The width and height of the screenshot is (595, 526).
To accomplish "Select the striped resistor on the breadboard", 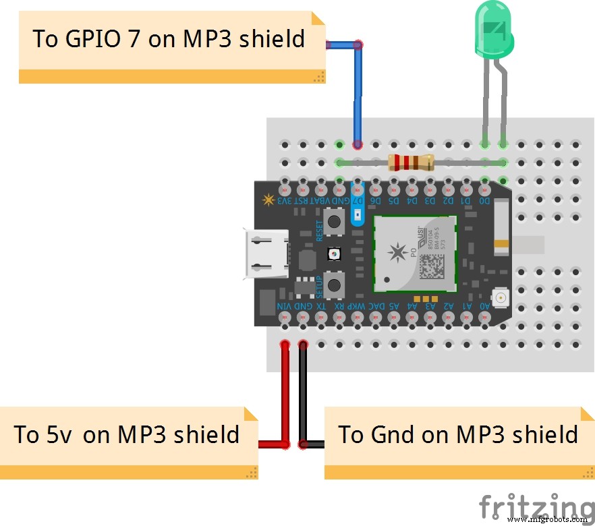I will coord(410,162).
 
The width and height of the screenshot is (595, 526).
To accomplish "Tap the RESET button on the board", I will coord(333,221).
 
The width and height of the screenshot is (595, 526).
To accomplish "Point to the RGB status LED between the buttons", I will coord(333,253).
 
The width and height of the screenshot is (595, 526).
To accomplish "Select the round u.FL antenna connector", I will coord(500,297).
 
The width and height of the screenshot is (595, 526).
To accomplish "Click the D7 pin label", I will coord(358,200).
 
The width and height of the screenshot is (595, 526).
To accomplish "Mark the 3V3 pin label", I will coord(285,200).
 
